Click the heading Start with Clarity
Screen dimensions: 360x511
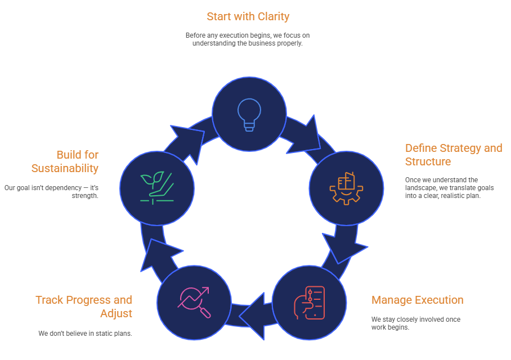pyautogui.click(x=248, y=16)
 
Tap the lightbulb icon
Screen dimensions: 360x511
pyautogui.click(x=249, y=114)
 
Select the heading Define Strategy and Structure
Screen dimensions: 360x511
pyautogui.click(x=453, y=155)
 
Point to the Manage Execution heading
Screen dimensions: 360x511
pyautogui.click(x=417, y=300)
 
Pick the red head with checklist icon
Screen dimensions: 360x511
pyautogui.click(x=309, y=303)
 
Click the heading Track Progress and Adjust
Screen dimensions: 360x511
pyautogui.click(x=84, y=307)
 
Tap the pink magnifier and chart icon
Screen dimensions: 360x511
pyautogui.click(x=194, y=303)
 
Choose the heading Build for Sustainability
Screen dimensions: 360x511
pyautogui.click(x=65, y=161)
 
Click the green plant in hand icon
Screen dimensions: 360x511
pyautogui.click(x=156, y=187)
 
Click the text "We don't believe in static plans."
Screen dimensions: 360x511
pyautogui.click(x=85, y=333)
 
